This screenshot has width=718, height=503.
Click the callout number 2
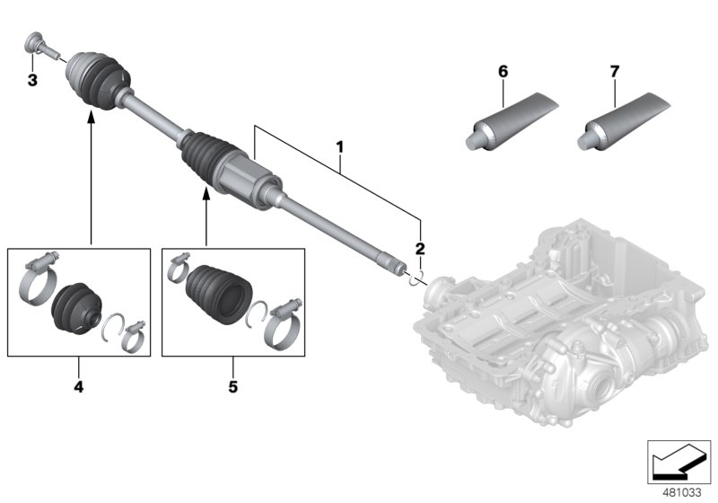point(418,249)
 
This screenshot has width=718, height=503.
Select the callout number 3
point(32,82)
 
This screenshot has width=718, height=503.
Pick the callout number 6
point(503,70)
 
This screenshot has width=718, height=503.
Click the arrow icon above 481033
point(679,461)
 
